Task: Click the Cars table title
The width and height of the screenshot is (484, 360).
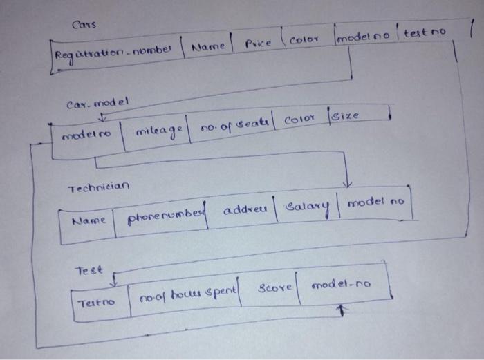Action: [x=84, y=26]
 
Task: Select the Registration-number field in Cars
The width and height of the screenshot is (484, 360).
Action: [x=113, y=51]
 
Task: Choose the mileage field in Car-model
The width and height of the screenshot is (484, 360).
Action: [x=157, y=129]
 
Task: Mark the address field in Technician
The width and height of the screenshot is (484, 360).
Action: [x=245, y=209]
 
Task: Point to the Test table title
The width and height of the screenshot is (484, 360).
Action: [x=89, y=271]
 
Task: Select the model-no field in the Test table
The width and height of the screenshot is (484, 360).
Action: [x=339, y=285]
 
